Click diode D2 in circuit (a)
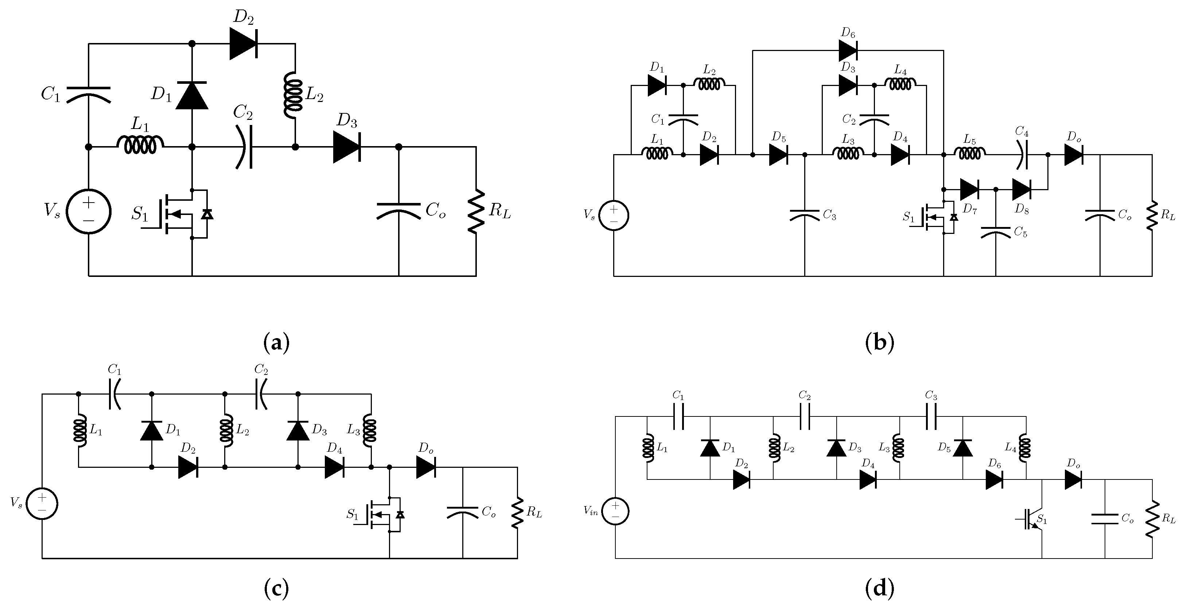243,44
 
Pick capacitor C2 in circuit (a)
244,147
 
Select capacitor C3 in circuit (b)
805,215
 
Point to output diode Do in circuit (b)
1074,155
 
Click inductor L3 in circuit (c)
370,430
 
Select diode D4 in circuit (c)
335,467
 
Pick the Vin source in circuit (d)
615,512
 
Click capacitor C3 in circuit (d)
931,417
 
